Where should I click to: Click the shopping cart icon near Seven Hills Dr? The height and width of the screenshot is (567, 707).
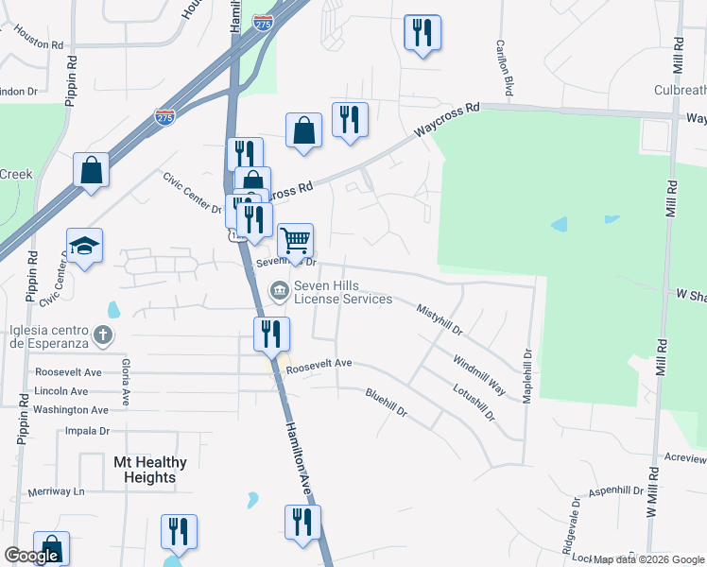click(x=295, y=242)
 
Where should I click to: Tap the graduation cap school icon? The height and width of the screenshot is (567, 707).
click(x=85, y=247)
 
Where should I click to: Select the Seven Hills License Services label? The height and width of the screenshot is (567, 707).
click(x=342, y=293)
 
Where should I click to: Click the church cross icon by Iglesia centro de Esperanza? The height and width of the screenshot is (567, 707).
click(x=103, y=335)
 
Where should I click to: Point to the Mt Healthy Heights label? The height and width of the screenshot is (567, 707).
click(x=149, y=470)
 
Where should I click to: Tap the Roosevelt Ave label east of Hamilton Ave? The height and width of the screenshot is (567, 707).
click(x=319, y=364)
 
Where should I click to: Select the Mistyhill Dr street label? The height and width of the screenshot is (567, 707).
click(x=440, y=319)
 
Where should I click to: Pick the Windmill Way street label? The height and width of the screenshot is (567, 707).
click(x=478, y=373)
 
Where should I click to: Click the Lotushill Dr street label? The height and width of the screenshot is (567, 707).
click(x=474, y=402)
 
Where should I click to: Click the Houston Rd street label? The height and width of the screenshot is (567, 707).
click(x=37, y=43)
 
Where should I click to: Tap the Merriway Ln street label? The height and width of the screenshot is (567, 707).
click(x=56, y=491)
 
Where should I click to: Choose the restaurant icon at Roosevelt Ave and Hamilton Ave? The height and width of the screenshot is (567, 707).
click(x=269, y=333)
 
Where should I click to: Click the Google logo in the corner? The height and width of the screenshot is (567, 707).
click(x=31, y=556)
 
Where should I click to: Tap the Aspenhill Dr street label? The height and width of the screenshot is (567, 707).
click(x=615, y=492)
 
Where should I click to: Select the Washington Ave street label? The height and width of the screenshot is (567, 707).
click(x=70, y=410)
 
